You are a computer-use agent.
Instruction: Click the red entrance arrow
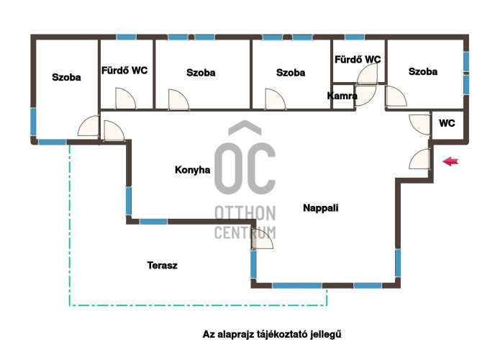click(x=450, y=162)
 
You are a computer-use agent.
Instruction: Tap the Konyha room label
click(x=192, y=170)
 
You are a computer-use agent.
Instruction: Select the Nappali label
click(x=321, y=208)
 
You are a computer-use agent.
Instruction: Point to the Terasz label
click(x=162, y=265)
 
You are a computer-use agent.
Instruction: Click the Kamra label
click(x=342, y=96)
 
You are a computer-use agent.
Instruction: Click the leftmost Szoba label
click(x=66, y=77)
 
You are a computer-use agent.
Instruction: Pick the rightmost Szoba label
click(x=423, y=71)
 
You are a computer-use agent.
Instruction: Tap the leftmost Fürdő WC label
click(x=124, y=71)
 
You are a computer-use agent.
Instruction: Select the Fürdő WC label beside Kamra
click(x=358, y=60)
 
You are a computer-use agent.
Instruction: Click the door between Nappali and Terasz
click(x=262, y=240)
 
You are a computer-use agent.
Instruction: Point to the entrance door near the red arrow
click(x=419, y=159)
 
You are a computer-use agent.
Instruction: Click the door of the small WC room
click(x=419, y=125)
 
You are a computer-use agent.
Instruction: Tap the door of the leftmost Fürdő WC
click(x=126, y=99)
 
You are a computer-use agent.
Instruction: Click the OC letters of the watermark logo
click(x=245, y=168)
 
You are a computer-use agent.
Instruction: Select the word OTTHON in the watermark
click(x=245, y=213)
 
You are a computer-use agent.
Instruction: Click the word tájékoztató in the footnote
click(x=282, y=334)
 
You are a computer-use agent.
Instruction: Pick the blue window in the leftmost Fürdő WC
click(x=126, y=37)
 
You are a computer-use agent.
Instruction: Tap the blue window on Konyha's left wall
click(x=129, y=201)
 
